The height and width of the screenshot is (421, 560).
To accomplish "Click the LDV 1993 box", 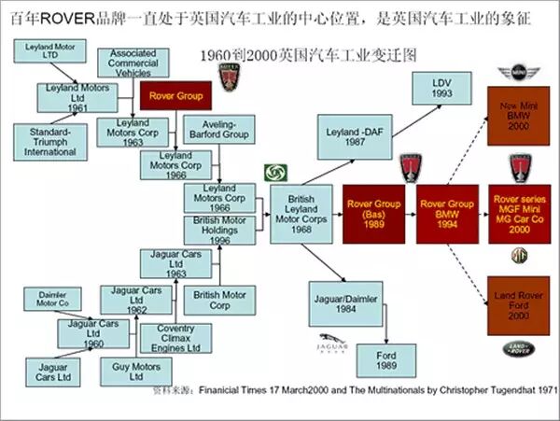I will [441, 90].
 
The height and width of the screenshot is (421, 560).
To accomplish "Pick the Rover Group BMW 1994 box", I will [446, 214].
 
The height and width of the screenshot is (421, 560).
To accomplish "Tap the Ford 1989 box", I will [385, 359].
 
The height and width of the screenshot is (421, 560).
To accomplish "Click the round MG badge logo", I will [519, 255].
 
